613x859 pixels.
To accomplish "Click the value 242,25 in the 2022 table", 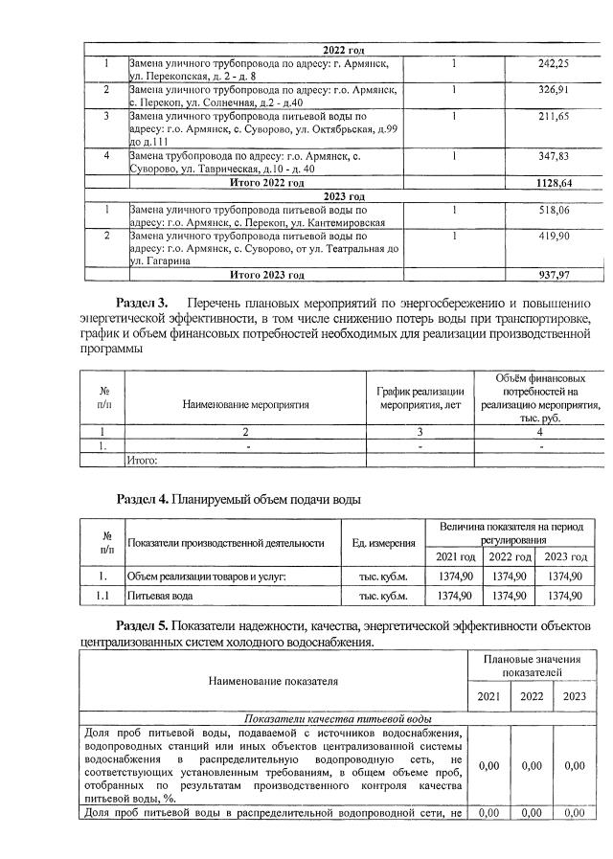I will (x=554, y=63).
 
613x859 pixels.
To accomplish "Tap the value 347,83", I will (x=554, y=155).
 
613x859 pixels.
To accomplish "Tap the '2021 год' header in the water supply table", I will (x=455, y=557).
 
